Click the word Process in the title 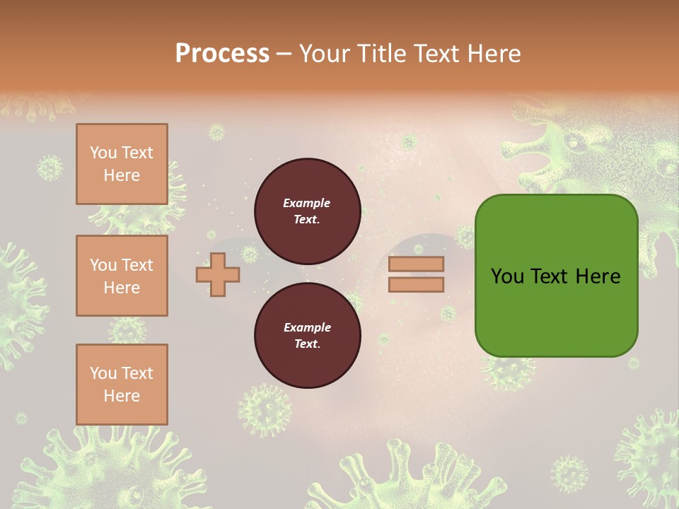(222, 54)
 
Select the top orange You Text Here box (122, 164)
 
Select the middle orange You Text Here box (122, 276)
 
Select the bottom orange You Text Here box (122, 385)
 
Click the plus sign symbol (218, 274)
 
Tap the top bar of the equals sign (416, 264)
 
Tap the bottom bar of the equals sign (416, 285)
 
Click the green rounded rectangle (556, 311)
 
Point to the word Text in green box (554, 276)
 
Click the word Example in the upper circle (307, 203)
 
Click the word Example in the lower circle (307, 327)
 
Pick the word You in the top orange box (103, 153)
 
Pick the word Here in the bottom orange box (122, 396)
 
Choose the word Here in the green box (598, 276)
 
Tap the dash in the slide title (284, 54)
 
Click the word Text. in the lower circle (307, 344)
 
